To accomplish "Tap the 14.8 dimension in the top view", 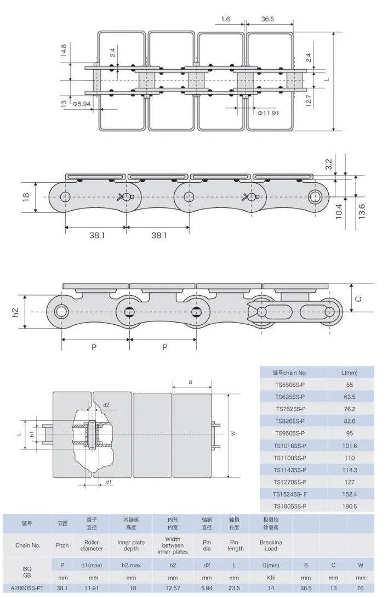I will (64, 51).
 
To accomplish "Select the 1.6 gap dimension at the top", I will (226, 19).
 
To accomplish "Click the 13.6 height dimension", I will (362, 210).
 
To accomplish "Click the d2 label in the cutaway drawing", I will (106, 405).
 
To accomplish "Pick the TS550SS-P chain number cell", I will (290, 385).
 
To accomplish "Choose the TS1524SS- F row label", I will (290, 494).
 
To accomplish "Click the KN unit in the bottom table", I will (270, 578).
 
